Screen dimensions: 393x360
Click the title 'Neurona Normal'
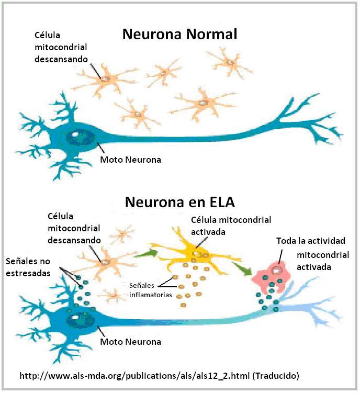(x=179, y=35)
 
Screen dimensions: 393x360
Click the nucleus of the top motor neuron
(x=77, y=137)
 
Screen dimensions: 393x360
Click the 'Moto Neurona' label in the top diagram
(x=130, y=160)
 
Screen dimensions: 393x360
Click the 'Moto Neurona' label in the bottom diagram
(x=130, y=342)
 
